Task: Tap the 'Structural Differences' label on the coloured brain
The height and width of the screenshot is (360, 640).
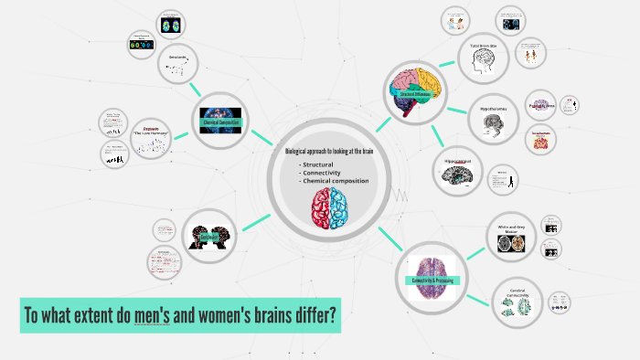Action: [x=415, y=92]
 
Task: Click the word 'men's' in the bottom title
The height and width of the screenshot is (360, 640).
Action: [x=151, y=316]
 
